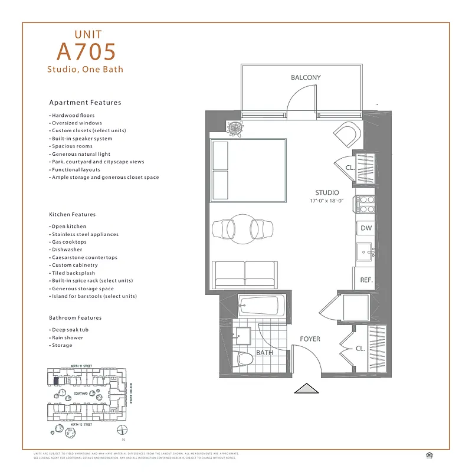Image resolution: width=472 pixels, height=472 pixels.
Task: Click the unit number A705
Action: pyautogui.click(x=86, y=52)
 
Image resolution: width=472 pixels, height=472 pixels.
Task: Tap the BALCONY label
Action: pyautogui.click(x=306, y=77)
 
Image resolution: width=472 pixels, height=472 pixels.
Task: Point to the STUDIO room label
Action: pyautogui.click(x=327, y=192)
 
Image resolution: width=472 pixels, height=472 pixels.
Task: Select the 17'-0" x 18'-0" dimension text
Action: pyautogui.click(x=327, y=201)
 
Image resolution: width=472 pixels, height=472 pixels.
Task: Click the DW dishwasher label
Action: pyautogui.click(x=366, y=228)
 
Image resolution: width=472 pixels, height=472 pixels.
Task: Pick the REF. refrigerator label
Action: pyautogui.click(x=366, y=280)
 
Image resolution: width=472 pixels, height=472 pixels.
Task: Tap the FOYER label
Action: pyautogui.click(x=310, y=339)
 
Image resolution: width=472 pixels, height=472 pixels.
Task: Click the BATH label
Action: pyautogui.click(x=264, y=352)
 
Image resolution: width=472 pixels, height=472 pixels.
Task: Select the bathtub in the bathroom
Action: pyautogui.click(x=259, y=306)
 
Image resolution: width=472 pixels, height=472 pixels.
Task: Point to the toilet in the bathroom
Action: pyautogui.click(x=244, y=358)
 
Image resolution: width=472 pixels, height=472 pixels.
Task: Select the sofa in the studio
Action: pyautogui.click(x=244, y=274)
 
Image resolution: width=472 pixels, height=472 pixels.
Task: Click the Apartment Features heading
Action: pyautogui.click(x=85, y=103)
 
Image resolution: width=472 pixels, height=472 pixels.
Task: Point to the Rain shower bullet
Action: pyautogui.click(x=67, y=337)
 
